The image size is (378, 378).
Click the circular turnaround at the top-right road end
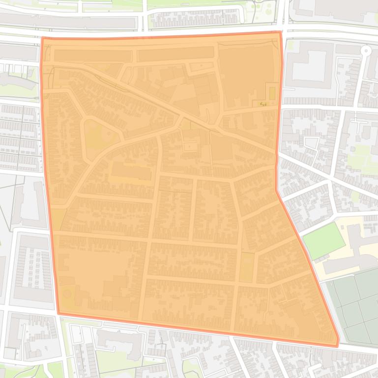pyautogui.click(x=365, y=50)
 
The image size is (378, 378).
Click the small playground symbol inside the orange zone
pyautogui.click(x=262, y=104)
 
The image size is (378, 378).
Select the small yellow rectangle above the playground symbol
pyautogui.click(x=272, y=92)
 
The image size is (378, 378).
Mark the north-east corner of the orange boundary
pyautogui.click(x=281, y=32)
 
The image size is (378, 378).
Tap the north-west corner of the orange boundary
pyautogui.click(x=42, y=38)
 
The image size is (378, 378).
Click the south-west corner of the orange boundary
pyautogui.click(x=58, y=313)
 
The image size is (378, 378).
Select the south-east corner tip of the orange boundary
pyautogui.click(x=338, y=346)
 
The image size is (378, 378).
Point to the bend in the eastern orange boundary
pyautogui.click(x=276, y=190)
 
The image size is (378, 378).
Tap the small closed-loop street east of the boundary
pyautogui.click(x=311, y=143)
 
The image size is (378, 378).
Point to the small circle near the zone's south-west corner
pyautogui.click(x=67, y=294)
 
